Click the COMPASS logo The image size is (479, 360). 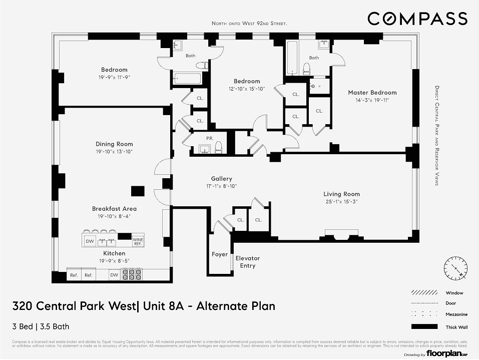tap(417, 19)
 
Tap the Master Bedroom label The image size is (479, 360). tap(372, 93)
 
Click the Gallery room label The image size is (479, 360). tap(221, 179)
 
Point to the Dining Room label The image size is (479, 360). tap(114, 144)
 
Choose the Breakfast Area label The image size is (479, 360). tap(114, 209)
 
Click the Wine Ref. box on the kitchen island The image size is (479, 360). tap(138, 241)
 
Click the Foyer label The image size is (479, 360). tap(219, 254)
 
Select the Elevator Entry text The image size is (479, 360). tap(248, 262)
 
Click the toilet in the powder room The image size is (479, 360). tap(218, 148)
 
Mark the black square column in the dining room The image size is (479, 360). tap(138, 191)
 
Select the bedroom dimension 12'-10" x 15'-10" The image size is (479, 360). tap(247, 89)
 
